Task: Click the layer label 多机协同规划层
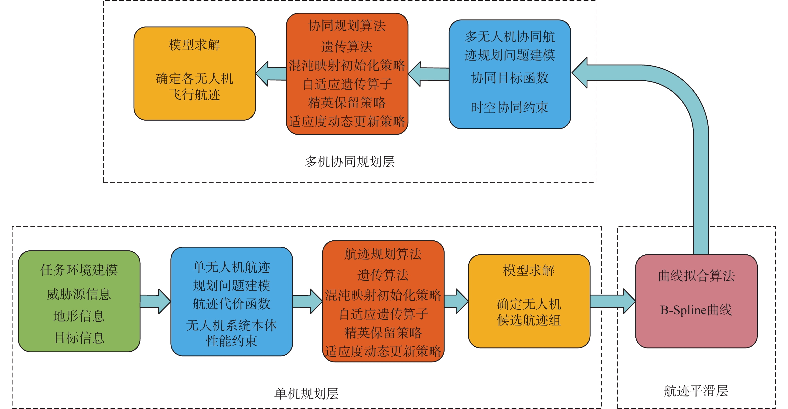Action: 349,162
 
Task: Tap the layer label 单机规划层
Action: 306,394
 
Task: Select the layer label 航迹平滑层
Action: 696,391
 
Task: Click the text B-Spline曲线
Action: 696,310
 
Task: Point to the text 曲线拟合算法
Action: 696,276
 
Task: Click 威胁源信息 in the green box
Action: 79,294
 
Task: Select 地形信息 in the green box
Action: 79,316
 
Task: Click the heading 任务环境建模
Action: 79,270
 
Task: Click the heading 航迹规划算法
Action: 383,254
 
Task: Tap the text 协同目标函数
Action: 510,78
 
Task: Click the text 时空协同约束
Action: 510,107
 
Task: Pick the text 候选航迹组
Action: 529,320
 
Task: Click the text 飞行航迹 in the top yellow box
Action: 195,95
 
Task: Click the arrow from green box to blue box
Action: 155,301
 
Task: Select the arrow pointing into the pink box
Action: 613,301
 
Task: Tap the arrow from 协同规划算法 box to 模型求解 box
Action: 271,74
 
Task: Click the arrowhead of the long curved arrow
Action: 580,73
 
